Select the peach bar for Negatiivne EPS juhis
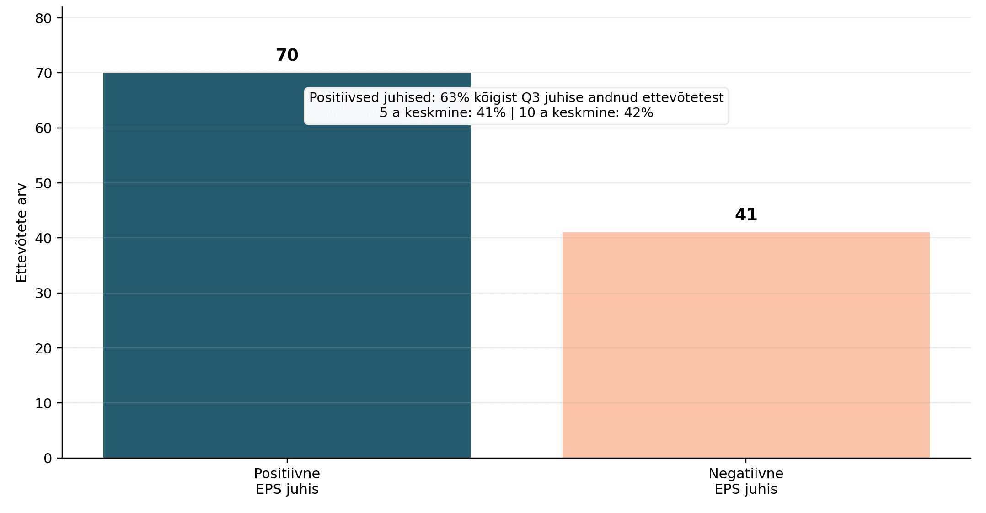tap(746, 345)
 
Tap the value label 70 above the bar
tap(287, 55)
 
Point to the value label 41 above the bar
tap(746, 215)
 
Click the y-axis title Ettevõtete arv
tap(21, 233)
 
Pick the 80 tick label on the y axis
tap(43, 18)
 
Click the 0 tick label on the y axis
tap(48, 458)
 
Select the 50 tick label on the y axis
tap(43, 183)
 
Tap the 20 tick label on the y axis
tap(43, 348)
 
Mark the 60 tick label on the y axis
tap(43, 128)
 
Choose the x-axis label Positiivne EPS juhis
tap(287, 481)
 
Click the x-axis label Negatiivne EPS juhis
tap(746, 481)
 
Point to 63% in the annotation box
tap(455, 97)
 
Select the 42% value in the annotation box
tap(638, 112)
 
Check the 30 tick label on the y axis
tap(43, 294)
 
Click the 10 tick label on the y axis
tap(43, 403)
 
